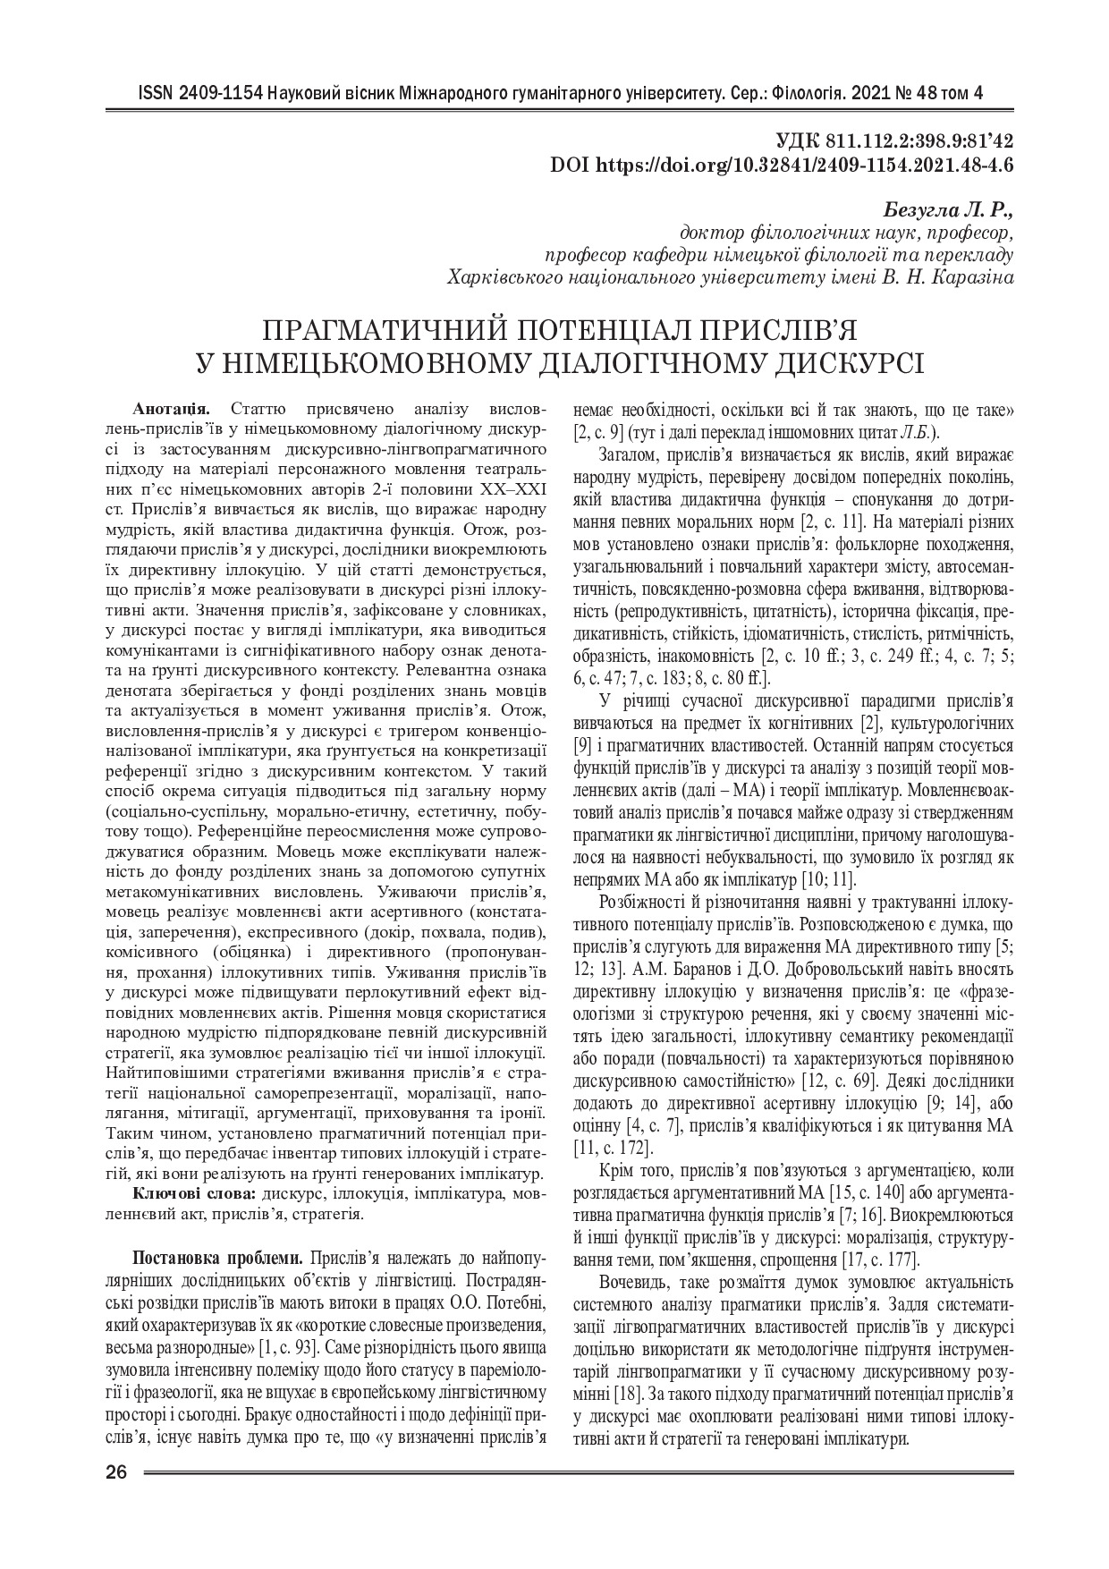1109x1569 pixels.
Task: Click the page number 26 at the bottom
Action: [117, 1473]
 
